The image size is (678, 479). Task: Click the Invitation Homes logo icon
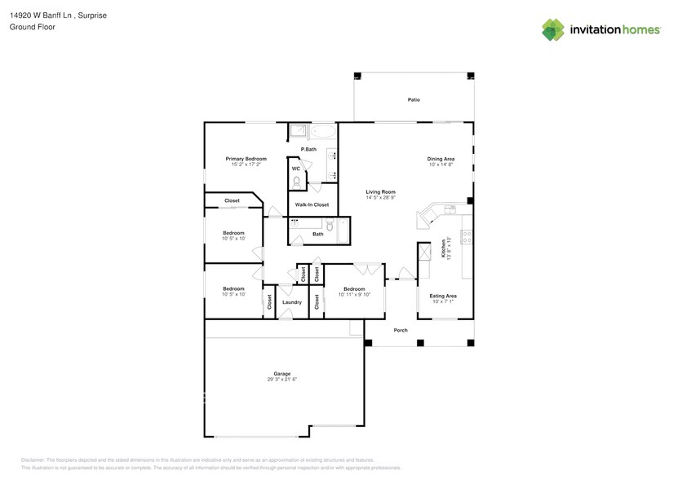(553, 30)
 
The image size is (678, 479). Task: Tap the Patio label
(414, 99)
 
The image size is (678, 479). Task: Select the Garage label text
(281, 374)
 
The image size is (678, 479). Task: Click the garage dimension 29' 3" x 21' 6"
(281, 380)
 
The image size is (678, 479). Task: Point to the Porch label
(401, 330)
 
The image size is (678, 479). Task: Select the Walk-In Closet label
(312, 204)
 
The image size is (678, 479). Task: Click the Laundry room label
(292, 302)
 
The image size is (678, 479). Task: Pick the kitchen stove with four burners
(468, 238)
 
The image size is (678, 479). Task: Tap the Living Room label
(380, 191)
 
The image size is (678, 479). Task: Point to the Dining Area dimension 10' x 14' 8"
(441, 165)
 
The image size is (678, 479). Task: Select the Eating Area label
(443, 296)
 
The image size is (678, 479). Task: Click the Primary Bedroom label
(246, 158)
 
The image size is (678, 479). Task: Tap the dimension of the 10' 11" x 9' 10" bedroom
(354, 295)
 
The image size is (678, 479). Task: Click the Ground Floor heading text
(29, 27)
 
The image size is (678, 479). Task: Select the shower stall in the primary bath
(299, 131)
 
